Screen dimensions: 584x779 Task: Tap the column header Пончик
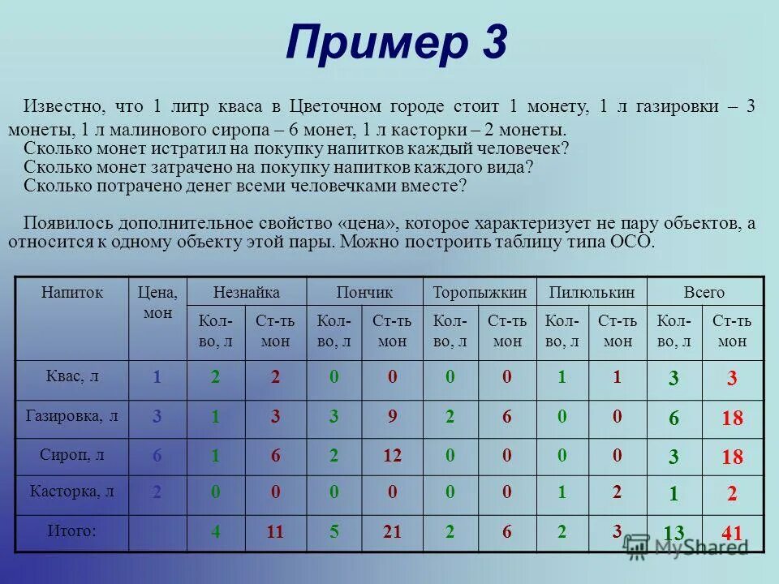(x=364, y=293)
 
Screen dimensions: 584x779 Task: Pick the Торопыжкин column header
(x=480, y=293)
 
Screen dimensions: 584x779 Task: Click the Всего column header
(x=704, y=293)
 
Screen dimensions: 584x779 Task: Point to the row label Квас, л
(x=73, y=376)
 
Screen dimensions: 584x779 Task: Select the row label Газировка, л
(x=73, y=416)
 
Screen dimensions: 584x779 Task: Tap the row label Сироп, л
(x=73, y=455)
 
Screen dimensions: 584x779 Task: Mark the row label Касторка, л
(x=73, y=492)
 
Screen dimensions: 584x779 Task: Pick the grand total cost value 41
(x=731, y=533)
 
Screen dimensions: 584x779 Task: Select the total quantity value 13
(x=674, y=533)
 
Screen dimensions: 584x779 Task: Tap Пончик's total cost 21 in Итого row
(x=392, y=533)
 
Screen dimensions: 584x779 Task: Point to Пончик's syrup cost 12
(x=392, y=456)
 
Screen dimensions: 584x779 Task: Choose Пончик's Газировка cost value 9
(x=392, y=417)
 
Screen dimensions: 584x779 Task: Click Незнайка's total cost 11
(x=275, y=533)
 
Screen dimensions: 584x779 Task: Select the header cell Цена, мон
(x=157, y=302)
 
